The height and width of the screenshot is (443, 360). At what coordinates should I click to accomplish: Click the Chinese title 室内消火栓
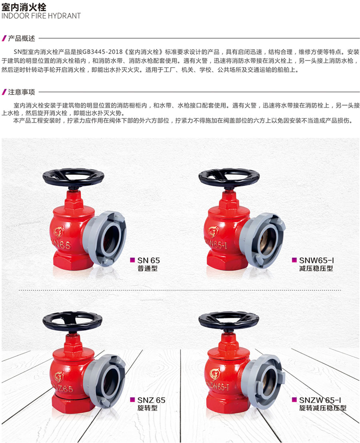click(24, 6)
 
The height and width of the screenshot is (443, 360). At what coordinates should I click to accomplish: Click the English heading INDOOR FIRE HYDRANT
click(41, 16)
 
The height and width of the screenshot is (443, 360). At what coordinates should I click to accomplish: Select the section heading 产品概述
click(22, 38)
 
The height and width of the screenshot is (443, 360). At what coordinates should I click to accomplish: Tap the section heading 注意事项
click(22, 92)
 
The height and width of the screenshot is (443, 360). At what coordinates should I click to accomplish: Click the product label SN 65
click(149, 260)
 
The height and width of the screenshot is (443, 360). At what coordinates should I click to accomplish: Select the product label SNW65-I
click(316, 260)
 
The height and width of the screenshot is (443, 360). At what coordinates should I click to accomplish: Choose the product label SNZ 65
click(151, 400)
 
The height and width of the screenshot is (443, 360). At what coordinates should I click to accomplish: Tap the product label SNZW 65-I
click(320, 400)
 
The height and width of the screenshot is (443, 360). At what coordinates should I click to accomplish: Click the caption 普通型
click(148, 268)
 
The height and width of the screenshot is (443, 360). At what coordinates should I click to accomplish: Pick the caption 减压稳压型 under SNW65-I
click(316, 268)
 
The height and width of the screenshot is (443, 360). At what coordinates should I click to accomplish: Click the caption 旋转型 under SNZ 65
click(148, 408)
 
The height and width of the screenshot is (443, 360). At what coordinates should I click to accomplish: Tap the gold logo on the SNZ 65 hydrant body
click(59, 376)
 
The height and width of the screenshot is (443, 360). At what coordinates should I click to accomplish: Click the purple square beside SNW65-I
click(294, 260)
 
